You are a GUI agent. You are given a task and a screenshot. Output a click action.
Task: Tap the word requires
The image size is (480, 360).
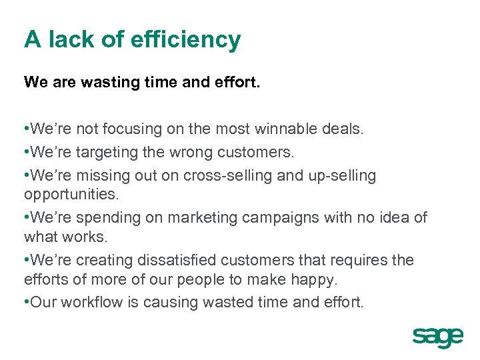pyautogui.click(x=357, y=260)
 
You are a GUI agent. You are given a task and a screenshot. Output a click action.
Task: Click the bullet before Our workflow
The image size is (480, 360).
pyautogui.click(x=27, y=302)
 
